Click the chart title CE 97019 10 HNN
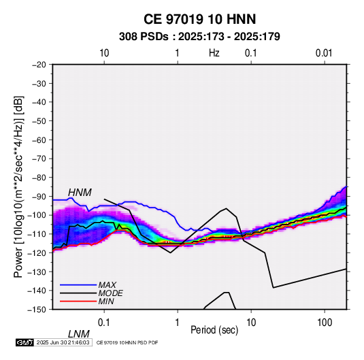(199, 19)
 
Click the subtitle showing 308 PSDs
(199, 37)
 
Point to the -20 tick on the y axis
(39, 65)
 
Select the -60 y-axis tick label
(39, 140)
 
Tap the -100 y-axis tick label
(37, 215)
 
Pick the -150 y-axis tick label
(37, 310)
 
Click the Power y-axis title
(18, 186)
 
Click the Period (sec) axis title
(214, 330)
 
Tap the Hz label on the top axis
(214, 53)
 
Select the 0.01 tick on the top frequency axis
(324, 53)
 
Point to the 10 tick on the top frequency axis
(104, 53)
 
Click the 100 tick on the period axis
(325, 323)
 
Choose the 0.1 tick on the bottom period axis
(104, 323)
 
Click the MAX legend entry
(107, 285)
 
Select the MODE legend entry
(110, 293)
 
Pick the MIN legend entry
(106, 301)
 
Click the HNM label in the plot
(80, 193)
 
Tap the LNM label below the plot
(79, 334)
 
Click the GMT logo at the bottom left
(25, 342)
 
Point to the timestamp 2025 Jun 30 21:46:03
(63, 342)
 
